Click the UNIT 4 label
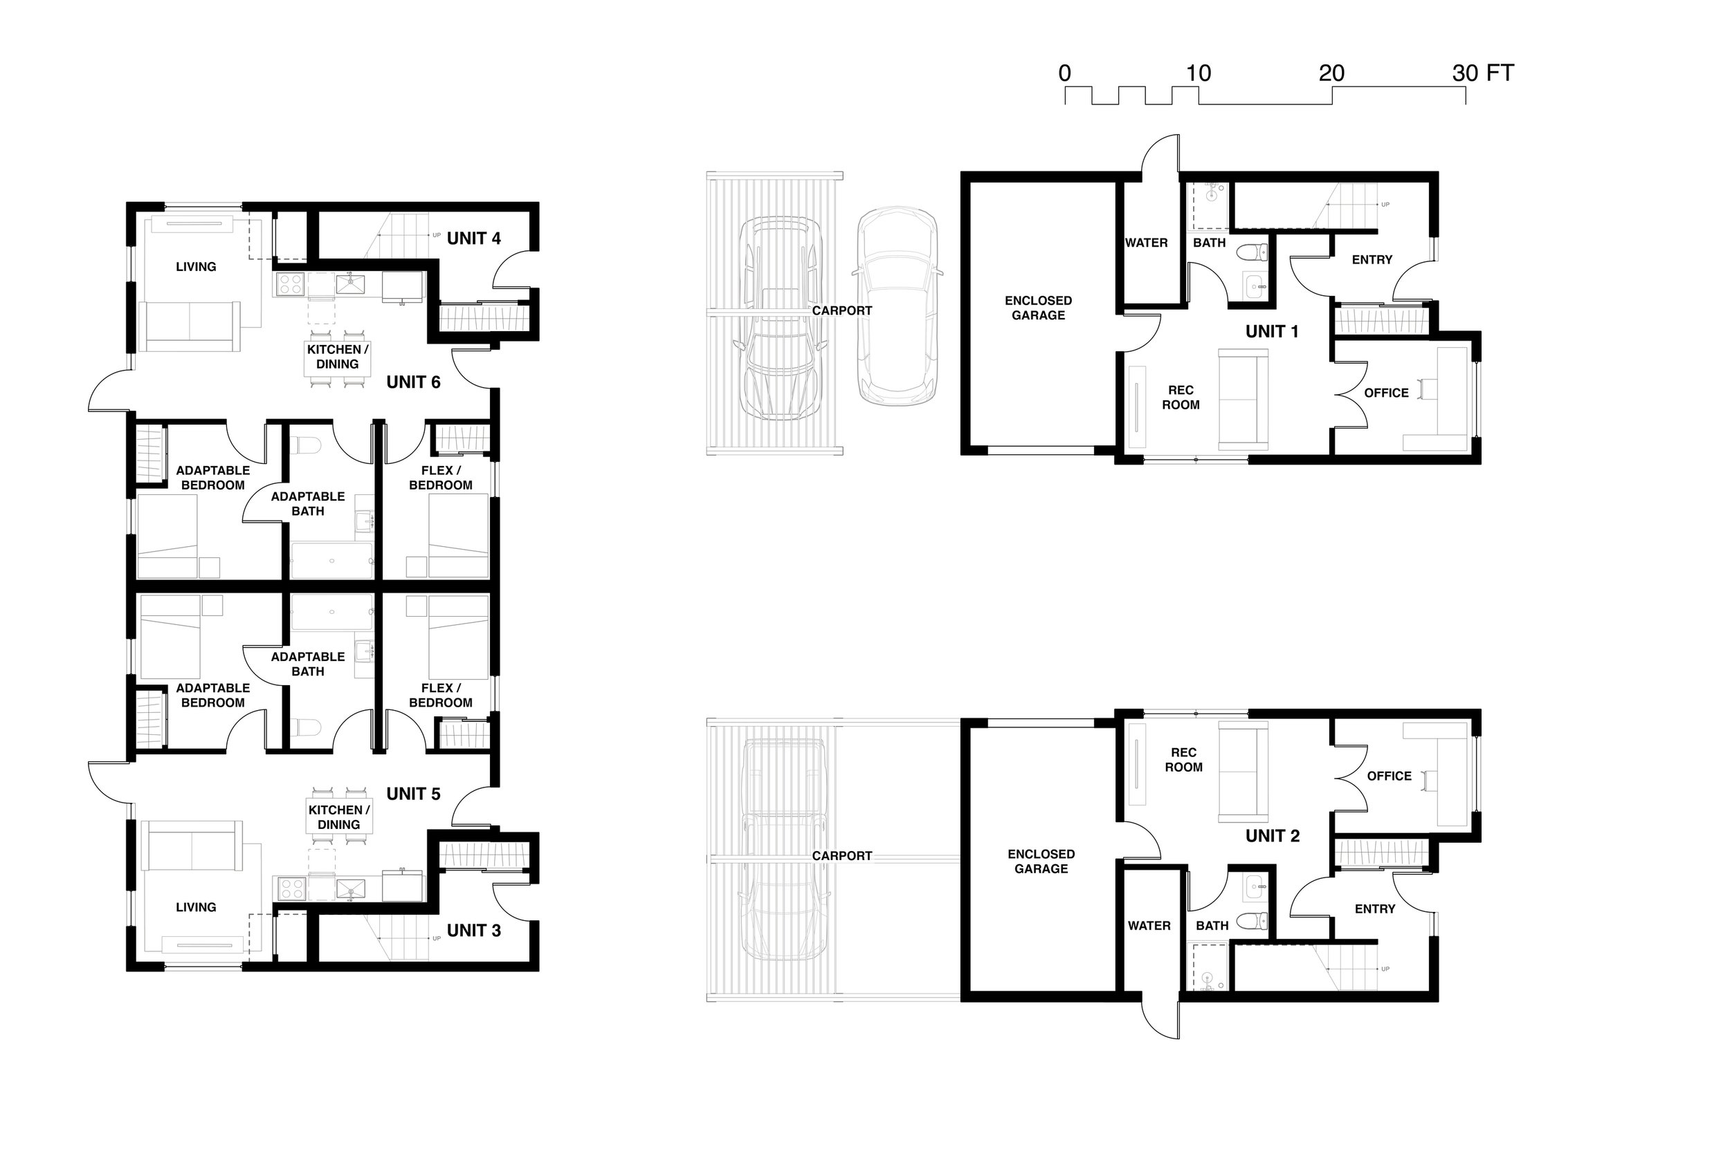473,239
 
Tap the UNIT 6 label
413,382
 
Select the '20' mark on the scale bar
1331,74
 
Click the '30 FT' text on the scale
1482,74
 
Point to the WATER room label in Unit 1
1146,243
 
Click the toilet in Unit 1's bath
1252,253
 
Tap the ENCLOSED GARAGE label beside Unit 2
1041,861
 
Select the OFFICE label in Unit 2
1389,776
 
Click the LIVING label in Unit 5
196,907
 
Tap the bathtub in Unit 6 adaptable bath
332,561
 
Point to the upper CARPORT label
842,311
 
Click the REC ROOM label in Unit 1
1181,398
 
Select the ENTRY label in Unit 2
1375,909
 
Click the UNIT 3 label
473,931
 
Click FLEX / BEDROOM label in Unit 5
441,695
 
